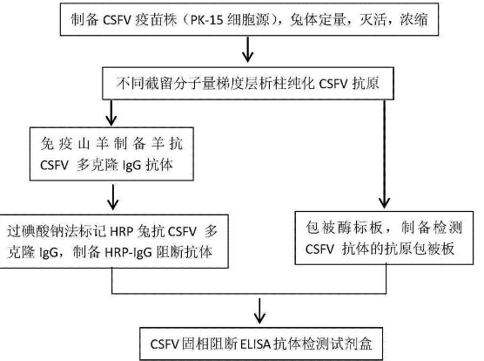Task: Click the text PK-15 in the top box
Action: [x=207, y=20]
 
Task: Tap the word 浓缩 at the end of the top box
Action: [x=414, y=20]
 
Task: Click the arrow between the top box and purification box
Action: [x=247, y=50]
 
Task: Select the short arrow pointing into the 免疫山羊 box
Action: [x=111, y=112]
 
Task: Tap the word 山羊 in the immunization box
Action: [x=92, y=144]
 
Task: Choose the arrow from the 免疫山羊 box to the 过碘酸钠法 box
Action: [x=112, y=197]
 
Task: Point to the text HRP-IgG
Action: [x=128, y=253]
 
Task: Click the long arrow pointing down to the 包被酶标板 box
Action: [x=384, y=154]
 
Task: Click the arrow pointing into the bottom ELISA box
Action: [x=259, y=311]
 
